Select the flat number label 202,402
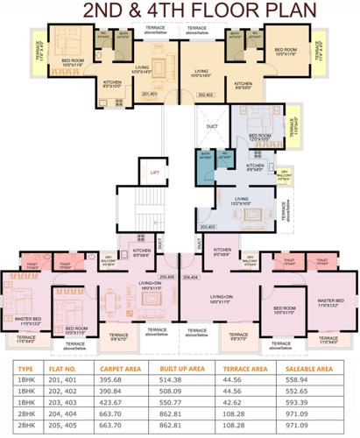207,94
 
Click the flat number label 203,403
206,228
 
